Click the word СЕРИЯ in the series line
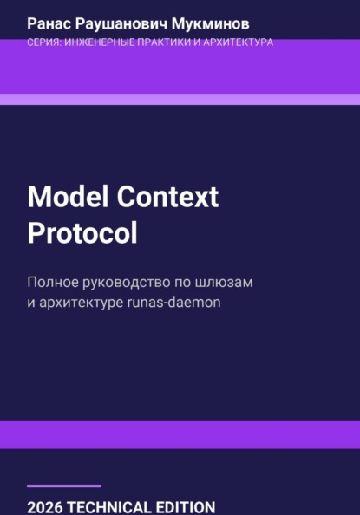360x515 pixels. [x=44, y=42]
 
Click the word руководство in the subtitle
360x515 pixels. [x=142, y=283]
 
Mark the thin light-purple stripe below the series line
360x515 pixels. [x=180, y=99]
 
